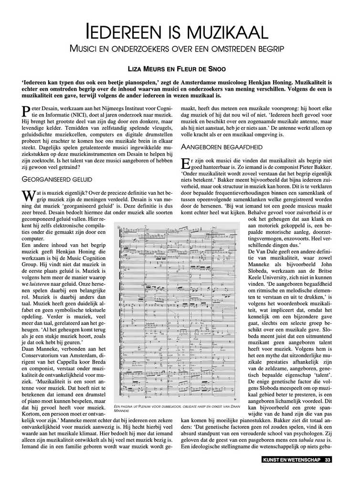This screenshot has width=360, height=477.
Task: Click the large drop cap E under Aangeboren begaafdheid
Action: [x=187, y=164]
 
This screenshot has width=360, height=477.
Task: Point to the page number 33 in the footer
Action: [x=328, y=460]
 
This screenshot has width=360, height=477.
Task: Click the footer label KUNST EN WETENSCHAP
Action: [x=292, y=460]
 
